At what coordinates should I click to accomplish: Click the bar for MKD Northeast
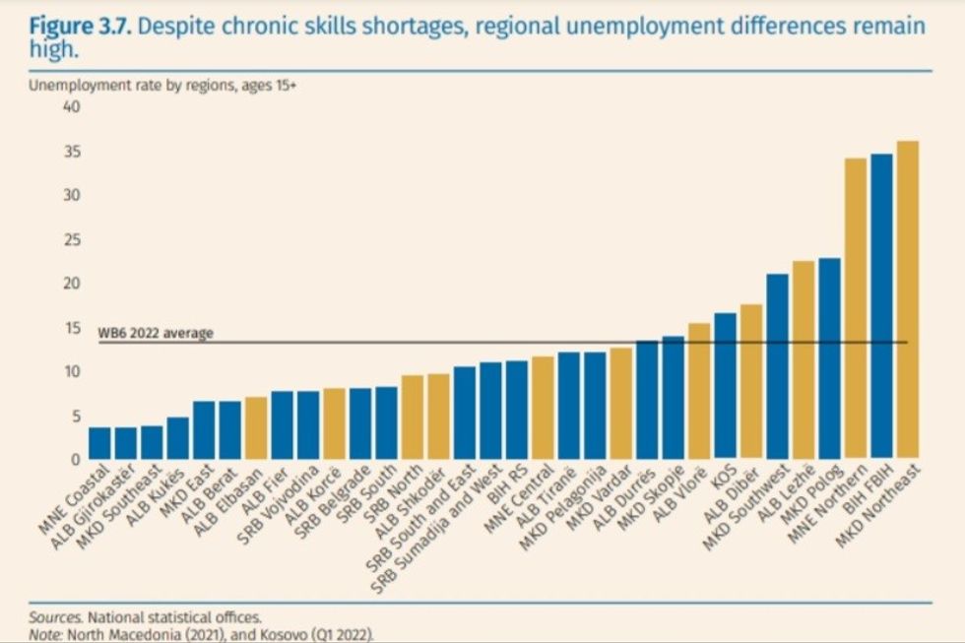[907, 300]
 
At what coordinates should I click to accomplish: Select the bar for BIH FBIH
[881, 306]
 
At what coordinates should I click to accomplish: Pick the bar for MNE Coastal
[100, 443]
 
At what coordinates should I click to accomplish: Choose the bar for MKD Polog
[829, 358]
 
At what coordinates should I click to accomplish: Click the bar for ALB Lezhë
[804, 360]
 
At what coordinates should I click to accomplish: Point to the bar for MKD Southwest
[778, 366]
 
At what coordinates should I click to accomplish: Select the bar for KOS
[726, 386]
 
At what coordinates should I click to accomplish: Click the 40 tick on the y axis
[71, 107]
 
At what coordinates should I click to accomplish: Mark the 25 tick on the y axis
[71, 240]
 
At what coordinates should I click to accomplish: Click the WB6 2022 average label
[156, 333]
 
